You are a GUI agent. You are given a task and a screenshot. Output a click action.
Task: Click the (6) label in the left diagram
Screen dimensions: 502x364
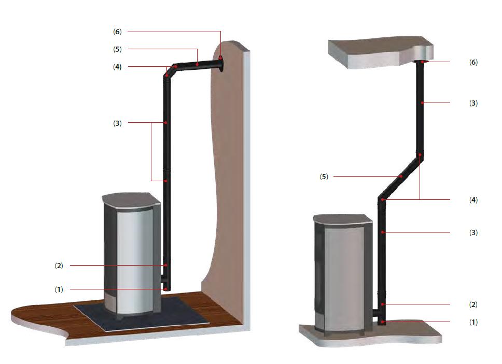tap(117, 32)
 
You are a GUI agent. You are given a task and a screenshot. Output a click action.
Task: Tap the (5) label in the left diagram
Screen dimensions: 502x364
tap(117, 49)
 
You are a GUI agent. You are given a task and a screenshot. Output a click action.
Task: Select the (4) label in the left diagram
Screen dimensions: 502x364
tap(117, 67)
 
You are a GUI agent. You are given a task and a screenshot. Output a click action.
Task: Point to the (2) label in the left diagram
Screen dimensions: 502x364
tap(59, 266)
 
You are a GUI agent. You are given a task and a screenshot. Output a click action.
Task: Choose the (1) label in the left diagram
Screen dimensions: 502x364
tap(59, 289)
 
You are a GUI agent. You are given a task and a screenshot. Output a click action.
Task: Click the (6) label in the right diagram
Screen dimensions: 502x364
tap(473, 62)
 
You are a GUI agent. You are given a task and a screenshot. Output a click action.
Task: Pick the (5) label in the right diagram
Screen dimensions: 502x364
tap(324, 177)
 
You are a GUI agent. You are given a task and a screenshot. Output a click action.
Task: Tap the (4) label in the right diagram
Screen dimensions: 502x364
tap(473, 200)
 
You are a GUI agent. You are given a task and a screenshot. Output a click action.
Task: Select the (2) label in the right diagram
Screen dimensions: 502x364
tap(473, 304)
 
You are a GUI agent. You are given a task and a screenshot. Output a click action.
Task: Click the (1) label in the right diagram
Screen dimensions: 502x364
tap(473, 322)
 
